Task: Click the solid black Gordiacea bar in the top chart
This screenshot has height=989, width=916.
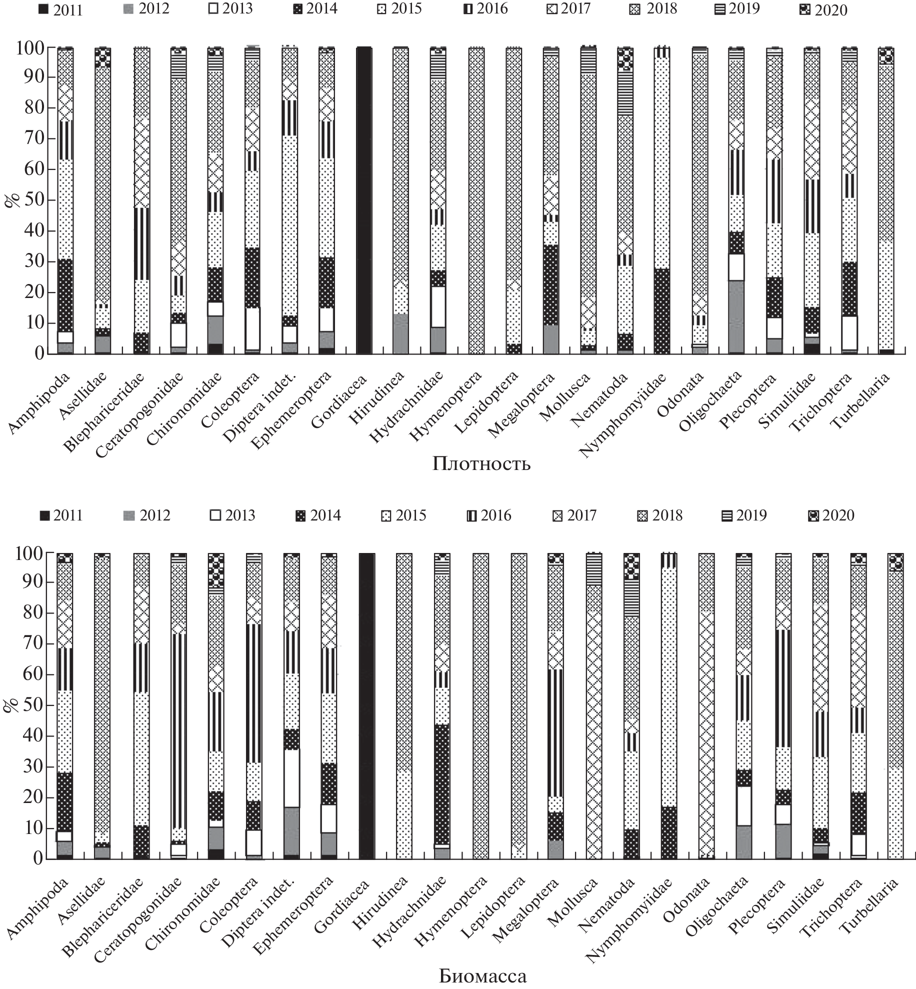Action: click(x=363, y=200)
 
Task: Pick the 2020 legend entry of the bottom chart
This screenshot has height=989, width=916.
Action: click(x=831, y=515)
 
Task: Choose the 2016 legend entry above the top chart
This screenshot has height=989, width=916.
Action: click(x=485, y=8)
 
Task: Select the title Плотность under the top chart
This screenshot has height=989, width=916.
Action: click(x=481, y=464)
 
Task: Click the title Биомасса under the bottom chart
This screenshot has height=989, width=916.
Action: click(x=482, y=975)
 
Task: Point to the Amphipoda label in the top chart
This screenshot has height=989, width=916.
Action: click(x=40, y=402)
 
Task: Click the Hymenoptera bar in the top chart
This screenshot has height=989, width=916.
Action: click(x=476, y=200)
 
